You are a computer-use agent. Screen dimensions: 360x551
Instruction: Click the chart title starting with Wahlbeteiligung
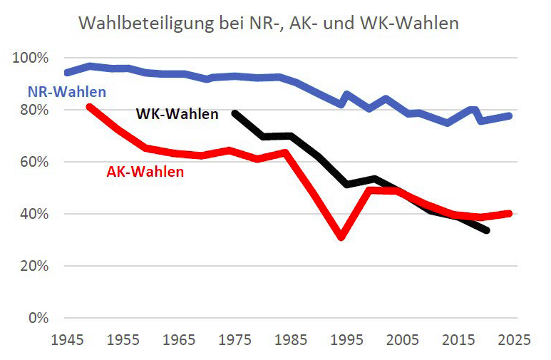268,23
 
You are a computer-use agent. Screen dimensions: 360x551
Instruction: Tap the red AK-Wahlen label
145,172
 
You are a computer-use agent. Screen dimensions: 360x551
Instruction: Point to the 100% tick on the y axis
31,58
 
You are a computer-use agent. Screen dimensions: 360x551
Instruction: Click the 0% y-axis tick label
36,318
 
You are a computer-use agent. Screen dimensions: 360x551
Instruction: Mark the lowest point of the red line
341,237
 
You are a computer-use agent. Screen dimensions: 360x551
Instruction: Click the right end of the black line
486,230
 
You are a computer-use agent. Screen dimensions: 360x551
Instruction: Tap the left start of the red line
89,107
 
